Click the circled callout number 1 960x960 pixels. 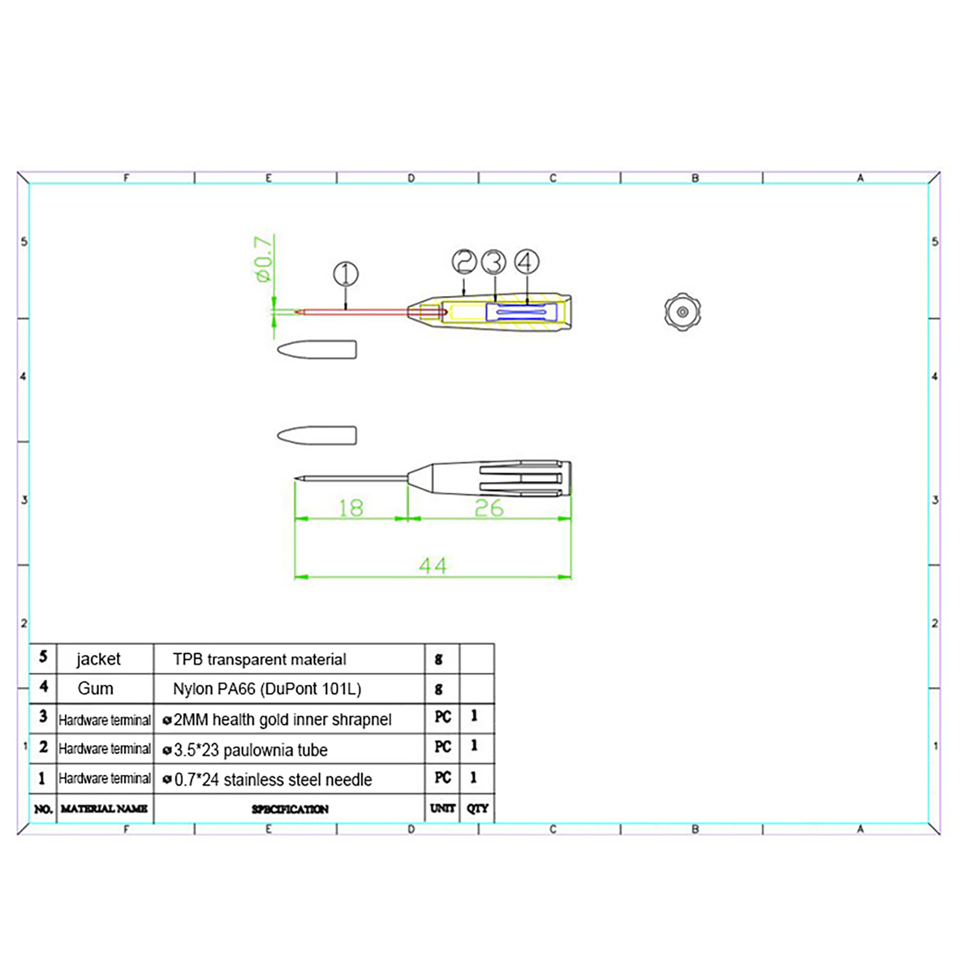(346, 274)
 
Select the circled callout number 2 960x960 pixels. (464, 262)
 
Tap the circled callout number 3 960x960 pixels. (494, 262)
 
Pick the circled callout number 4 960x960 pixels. (526, 262)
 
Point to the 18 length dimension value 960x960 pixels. (351, 508)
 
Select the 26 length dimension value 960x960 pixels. (489, 508)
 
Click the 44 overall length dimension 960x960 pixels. (433, 565)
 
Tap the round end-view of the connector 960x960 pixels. (682, 311)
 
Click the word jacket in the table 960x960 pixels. (98, 659)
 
